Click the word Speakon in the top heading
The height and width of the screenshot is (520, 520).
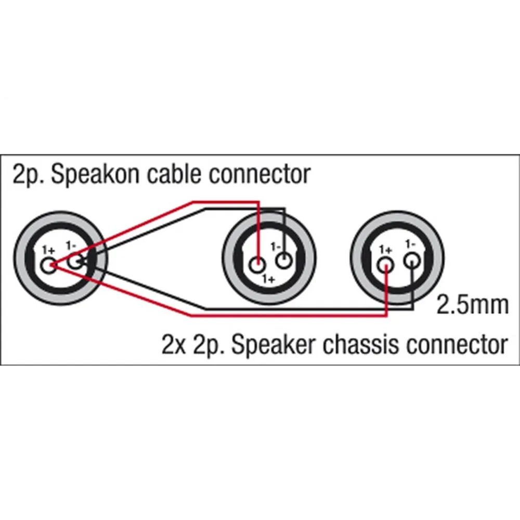[x=95, y=175]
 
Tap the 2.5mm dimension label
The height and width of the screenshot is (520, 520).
[x=472, y=305]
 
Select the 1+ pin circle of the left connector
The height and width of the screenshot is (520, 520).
[x=48, y=266]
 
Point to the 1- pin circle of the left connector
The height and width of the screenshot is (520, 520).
[x=75, y=262]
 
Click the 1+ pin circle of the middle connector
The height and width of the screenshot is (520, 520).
[x=257, y=265]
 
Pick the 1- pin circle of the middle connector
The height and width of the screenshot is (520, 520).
[x=284, y=261]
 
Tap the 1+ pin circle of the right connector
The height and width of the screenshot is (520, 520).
[x=385, y=265]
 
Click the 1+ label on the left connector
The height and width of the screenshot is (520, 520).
[x=48, y=251]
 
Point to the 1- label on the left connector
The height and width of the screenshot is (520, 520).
[x=71, y=246]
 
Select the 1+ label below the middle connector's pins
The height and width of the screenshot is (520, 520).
[x=268, y=279]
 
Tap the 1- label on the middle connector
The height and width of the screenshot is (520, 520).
[x=275, y=246]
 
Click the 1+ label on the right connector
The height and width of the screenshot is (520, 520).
[x=386, y=250]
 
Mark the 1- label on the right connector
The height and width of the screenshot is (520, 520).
[x=410, y=244]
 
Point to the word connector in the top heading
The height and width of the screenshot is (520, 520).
[x=259, y=175]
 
